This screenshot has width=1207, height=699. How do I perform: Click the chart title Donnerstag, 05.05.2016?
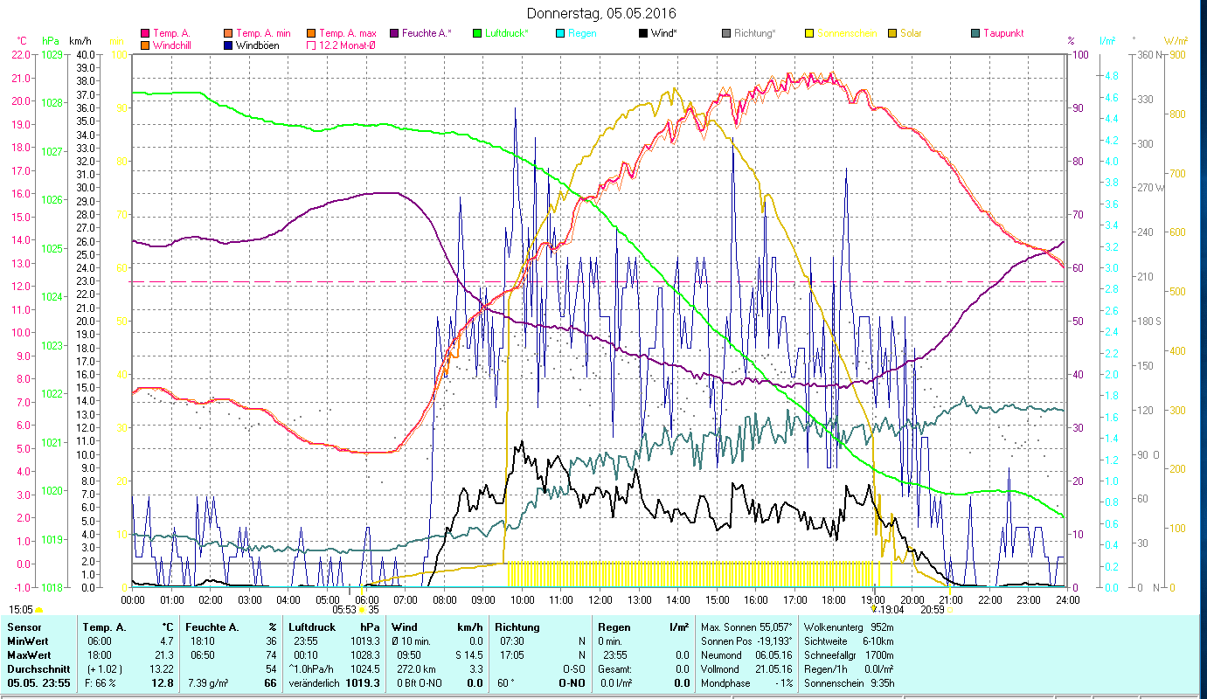click(x=602, y=13)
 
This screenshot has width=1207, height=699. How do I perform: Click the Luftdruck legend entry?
click(x=505, y=33)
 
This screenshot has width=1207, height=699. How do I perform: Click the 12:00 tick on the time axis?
click(x=600, y=599)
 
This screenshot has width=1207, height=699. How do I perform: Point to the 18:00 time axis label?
click(x=834, y=599)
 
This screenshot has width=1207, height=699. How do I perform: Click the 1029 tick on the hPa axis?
click(x=52, y=55)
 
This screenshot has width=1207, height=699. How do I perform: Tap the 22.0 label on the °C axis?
click(x=20, y=55)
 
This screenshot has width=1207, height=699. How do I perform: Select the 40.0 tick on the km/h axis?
click(x=86, y=55)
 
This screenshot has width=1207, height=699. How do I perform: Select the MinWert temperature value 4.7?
click(x=166, y=640)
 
